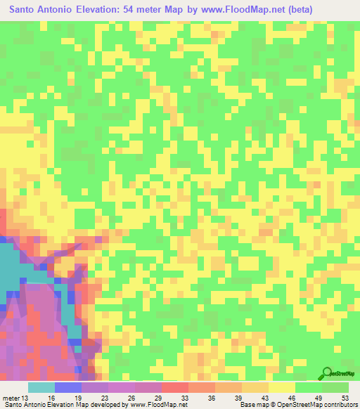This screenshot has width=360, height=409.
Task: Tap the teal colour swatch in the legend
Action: [x=41, y=387]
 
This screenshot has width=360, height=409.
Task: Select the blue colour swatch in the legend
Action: [x=67, y=387]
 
